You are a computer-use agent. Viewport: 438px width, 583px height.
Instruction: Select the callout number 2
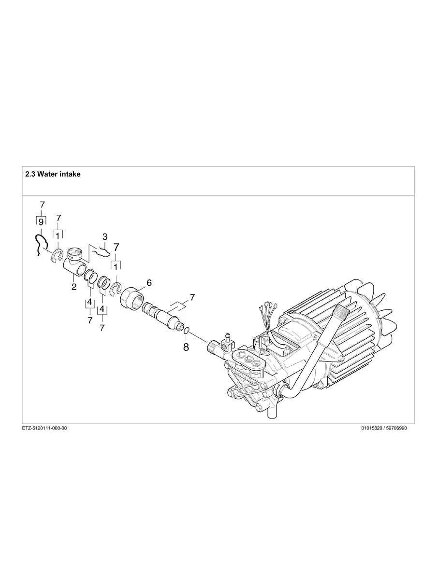74,287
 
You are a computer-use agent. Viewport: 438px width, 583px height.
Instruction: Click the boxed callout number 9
41,221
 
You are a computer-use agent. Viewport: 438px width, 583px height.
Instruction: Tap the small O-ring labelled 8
187,332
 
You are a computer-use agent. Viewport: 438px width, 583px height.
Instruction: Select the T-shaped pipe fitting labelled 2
75,263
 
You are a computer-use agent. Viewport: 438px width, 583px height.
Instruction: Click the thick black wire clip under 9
39,244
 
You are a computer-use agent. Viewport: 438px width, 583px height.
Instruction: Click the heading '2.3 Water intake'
53,174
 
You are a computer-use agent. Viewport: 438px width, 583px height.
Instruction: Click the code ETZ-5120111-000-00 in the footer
44,428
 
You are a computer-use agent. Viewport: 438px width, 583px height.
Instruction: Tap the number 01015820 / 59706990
384,428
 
